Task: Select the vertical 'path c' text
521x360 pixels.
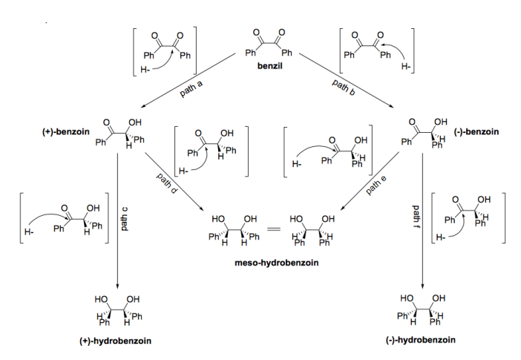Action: point(125,216)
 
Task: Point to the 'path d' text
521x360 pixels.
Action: point(167,186)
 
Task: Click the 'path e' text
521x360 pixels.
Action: point(378,185)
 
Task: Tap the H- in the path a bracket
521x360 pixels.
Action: point(145,71)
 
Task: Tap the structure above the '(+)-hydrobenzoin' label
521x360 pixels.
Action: point(114,312)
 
